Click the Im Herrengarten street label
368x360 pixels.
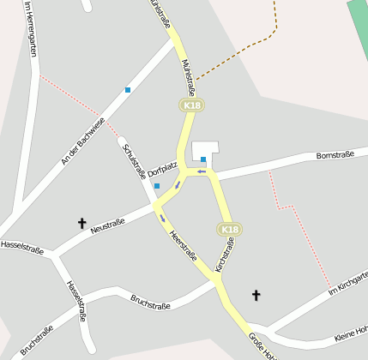32,28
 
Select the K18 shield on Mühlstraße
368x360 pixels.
191,105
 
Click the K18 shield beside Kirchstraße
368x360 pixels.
229,230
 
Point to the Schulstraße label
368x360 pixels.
136,160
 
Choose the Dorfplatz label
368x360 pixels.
162,169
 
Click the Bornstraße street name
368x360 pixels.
335,156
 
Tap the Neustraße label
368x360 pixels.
107,225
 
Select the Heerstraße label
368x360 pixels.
183,246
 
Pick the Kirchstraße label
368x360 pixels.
224,256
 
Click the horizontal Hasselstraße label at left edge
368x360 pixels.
22,246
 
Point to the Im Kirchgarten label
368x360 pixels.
348,284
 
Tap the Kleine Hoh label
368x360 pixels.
351,329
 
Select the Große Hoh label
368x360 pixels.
262,346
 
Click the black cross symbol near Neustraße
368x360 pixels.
82,224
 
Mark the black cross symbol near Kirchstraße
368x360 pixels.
255,296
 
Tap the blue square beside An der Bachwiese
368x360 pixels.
128,89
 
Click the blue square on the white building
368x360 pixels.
203,159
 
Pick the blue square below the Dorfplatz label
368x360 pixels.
157,185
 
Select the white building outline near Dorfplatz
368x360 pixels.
206,148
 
